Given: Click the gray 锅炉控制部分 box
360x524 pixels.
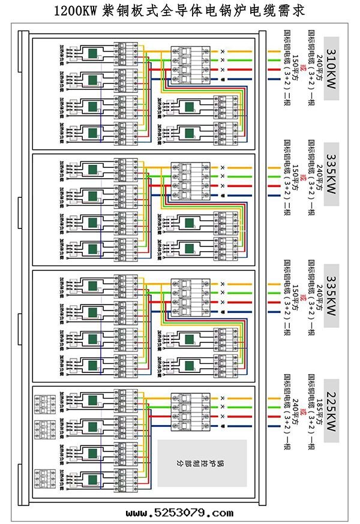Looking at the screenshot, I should tap(202, 463).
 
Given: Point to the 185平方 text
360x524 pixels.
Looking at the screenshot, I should tap(320, 407).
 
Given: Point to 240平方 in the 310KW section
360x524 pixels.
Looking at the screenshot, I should tap(320, 66).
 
